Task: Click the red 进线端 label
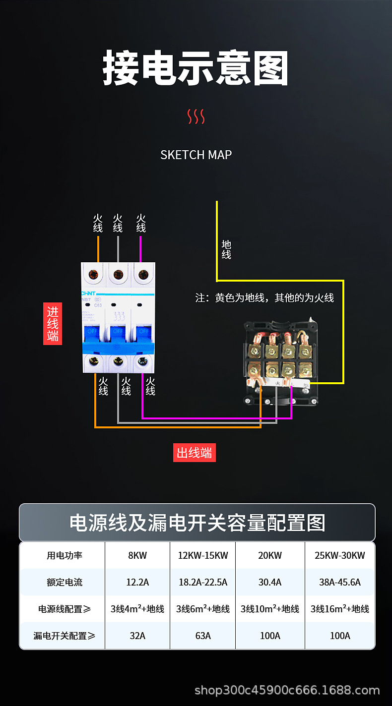pyautogui.click(x=53, y=324)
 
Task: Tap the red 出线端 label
pyautogui.click(x=195, y=452)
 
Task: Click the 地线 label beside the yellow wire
pyautogui.click(x=226, y=249)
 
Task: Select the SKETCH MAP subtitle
pyautogui.click(x=196, y=155)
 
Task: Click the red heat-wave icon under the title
pyautogui.click(x=196, y=117)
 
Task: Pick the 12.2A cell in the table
pyautogui.click(x=137, y=582)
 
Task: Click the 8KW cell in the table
pyautogui.click(x=137, y=555)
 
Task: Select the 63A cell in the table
pyautogui.click(x=203, y=636)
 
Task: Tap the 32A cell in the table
pyautogui.click(x=137, y=636)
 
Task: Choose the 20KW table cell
pyautogui.click(x=270, y=555)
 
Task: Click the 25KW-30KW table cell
pyautogui.click(x=340, y=555)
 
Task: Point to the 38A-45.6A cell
pyautogui.click(x=340, y=582)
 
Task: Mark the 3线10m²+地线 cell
pyautogui.click(x=270, y=609)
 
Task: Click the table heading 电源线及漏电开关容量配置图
pyautogui.click(x=197, y=523)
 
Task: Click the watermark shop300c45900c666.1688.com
pyautogui.click(x=287, y=690)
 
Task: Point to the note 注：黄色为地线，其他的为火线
pyautogui.click(x=264, y=298)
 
